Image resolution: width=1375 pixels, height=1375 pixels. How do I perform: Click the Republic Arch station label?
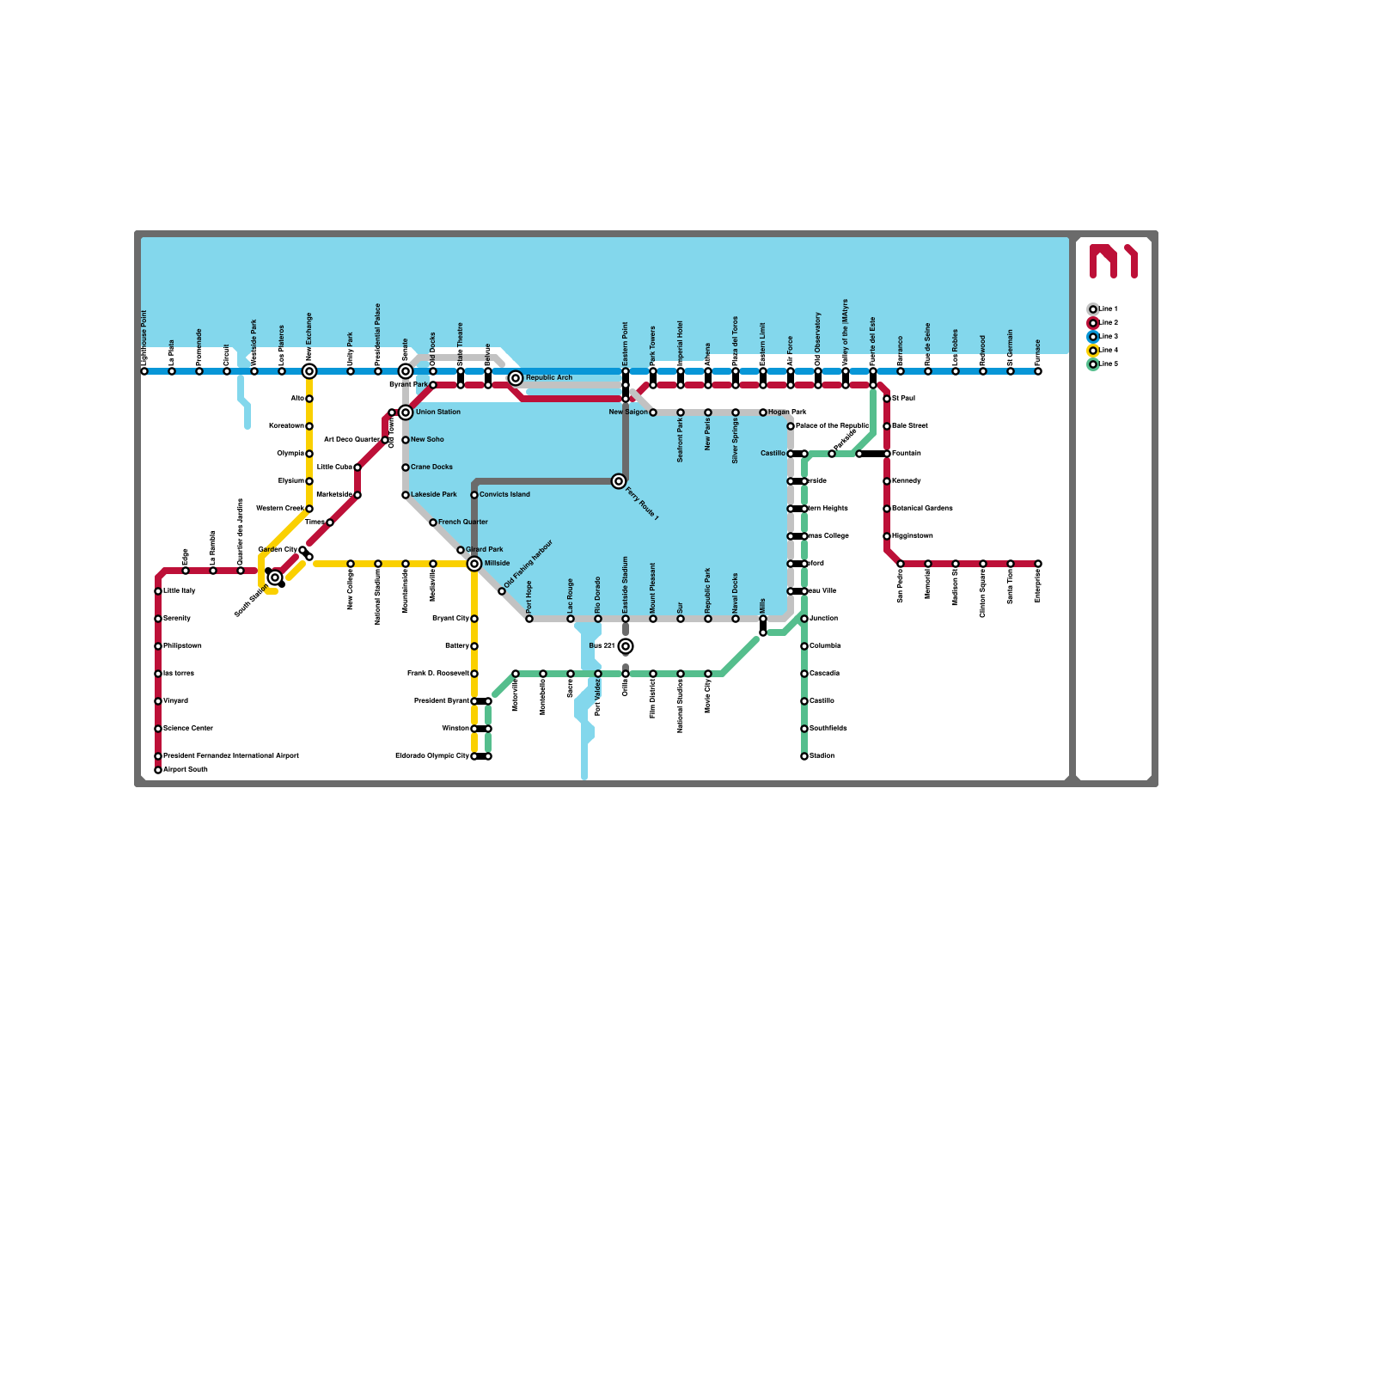point(548,378)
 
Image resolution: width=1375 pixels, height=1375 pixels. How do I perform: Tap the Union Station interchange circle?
point(406,412)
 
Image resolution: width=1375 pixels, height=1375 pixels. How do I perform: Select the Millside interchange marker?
point(474,564)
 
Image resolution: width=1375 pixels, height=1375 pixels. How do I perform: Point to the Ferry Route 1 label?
point(642,504)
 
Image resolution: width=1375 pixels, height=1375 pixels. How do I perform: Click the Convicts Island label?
point(504,495)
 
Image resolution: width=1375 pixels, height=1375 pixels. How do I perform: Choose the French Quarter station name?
point(462,522)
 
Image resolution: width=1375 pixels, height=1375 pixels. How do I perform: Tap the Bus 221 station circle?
point(626,646)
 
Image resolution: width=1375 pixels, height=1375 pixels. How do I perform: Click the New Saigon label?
point(628,412)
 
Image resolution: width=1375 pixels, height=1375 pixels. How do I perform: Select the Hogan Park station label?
point(787,412)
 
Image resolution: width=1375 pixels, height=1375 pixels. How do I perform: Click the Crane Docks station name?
point(431,467)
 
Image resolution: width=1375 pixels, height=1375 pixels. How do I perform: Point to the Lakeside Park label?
point(433,495)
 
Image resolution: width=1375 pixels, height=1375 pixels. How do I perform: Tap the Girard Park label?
point(485,550)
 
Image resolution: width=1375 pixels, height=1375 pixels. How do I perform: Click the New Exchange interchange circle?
point(309,371)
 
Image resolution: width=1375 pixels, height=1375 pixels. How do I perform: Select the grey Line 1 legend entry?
point(1104,309)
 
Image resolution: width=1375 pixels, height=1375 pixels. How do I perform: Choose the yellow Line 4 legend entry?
point(1104,351)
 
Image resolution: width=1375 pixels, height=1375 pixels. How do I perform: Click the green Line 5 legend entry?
point(1104,364)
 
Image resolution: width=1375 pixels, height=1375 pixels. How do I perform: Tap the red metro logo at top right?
point(1114,261)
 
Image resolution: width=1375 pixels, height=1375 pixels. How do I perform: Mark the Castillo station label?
point(773,454)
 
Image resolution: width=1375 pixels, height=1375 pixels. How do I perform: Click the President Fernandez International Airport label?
point(230,756)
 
